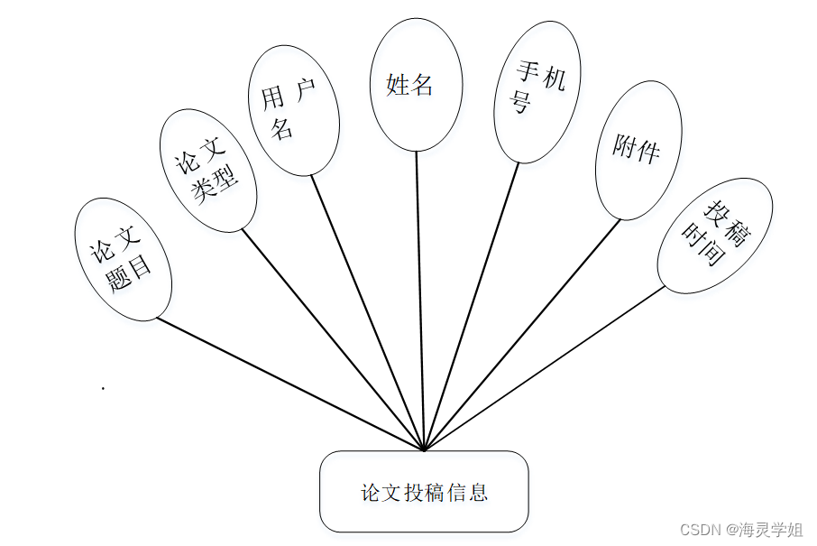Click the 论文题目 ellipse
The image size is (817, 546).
pos(123,259)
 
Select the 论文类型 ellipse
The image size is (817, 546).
pos(208,171)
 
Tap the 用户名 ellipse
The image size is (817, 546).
pos(293,110)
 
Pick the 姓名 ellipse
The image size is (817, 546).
pos(416,85)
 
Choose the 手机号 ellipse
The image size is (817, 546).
pos(537,92)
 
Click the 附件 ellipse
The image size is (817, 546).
pos(638,150)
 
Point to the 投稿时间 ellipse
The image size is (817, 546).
pos(713,236)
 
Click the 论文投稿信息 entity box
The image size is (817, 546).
pos(424,492)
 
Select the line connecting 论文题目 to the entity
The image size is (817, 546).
pos(289,383)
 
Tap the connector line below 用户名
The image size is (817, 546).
pos(367,311)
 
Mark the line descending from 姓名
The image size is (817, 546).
pos(419,298)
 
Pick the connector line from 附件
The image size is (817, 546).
pos(523,334)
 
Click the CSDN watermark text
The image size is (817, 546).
pos(740,529)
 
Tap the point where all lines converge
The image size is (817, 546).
pos(423,449)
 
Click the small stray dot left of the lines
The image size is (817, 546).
pos(104,388)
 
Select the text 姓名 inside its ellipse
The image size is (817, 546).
pos(410,85)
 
